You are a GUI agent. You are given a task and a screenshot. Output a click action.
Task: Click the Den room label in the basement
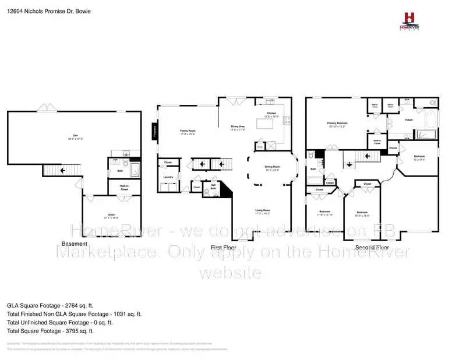[x=75, y=137]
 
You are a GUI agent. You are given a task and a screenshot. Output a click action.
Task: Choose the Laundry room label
[x=168, y=177]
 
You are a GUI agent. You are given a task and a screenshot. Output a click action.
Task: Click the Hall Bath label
[x=213, y=188]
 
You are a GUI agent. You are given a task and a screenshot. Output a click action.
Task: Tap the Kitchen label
[x=271, y=115]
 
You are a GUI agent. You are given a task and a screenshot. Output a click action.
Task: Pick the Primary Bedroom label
[x=337, y=125]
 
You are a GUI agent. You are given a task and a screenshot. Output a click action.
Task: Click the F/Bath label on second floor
[x=409, y=121]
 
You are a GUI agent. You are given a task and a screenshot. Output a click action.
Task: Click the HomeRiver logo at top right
[x=411, y=21]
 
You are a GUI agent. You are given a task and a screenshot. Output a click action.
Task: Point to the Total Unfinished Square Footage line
[x=59, y=322]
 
